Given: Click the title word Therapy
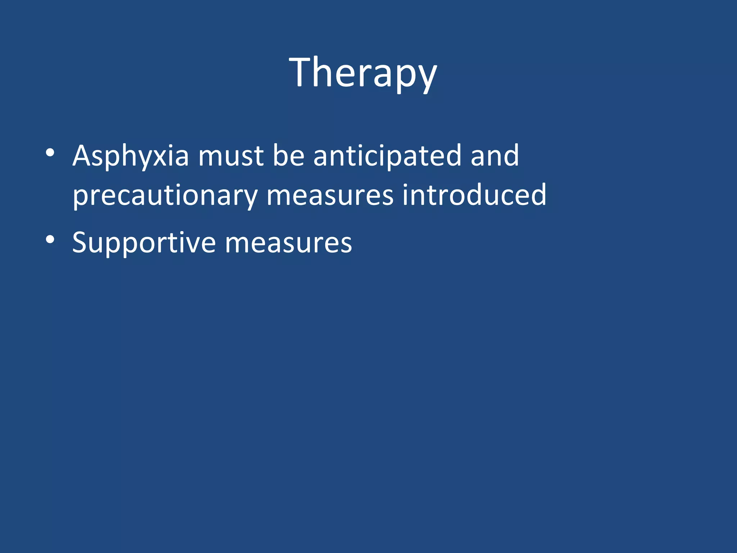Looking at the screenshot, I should click(x=363, y=73).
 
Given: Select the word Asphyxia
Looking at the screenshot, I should click(x=131, y=156).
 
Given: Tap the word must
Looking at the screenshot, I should click(x=231, y=156).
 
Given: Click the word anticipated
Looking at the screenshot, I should click(x=387, y=156).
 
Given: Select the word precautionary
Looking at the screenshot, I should click(x=165, y=195).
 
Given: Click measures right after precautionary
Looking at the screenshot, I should click(x=330, y=195).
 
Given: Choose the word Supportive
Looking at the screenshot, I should click(x=144, y=243).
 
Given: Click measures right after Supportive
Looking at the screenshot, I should click(x=288, y=243).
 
